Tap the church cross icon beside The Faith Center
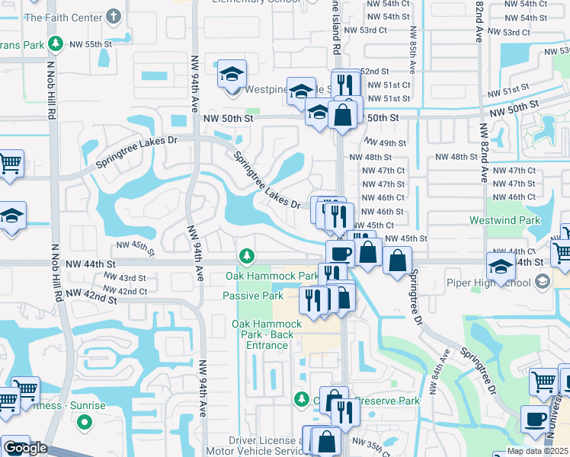pos(114,15)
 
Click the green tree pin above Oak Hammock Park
pos(245,255)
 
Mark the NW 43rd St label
pos(121,278)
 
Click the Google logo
pos(24,448)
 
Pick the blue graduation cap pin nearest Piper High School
pos(500,267)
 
